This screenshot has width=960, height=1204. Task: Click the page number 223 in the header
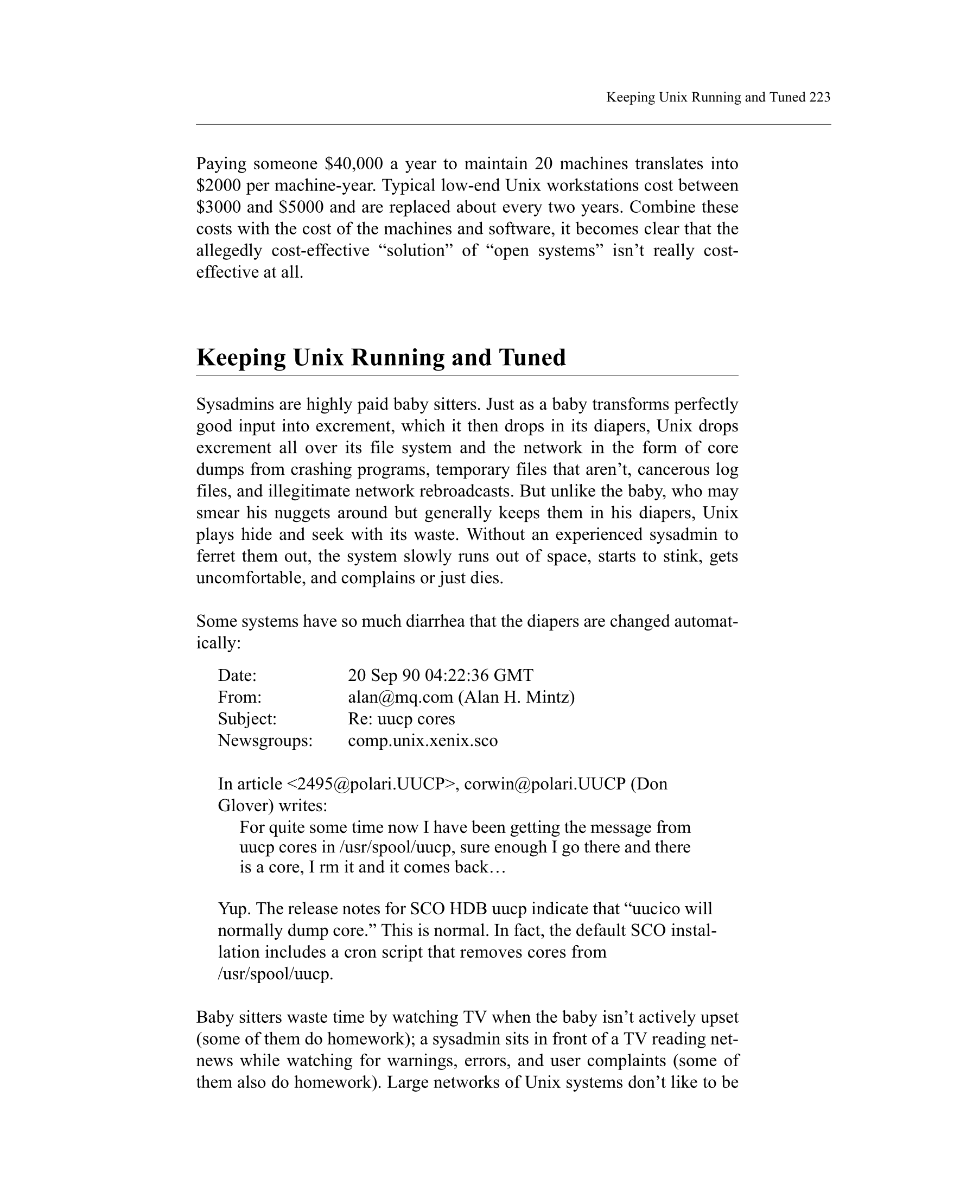[819, 98]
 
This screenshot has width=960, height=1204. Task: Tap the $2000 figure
[219, 186]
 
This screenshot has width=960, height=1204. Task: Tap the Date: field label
[237, 676]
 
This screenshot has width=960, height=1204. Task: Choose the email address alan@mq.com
[400, 697]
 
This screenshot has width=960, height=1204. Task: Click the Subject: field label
[247, 719]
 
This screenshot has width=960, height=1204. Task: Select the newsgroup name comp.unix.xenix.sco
[422, 741]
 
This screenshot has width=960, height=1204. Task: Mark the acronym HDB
[467, 909]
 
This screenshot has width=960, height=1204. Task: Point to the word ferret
[215, 556]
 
